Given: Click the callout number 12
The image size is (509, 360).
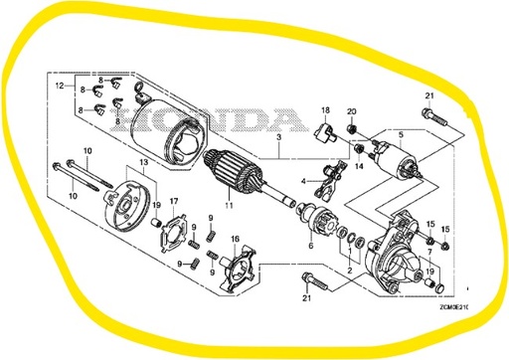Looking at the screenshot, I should pyautogui.click(x=60, y=87).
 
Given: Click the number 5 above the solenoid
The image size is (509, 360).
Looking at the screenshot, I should pyautogui.click(x=400, y=132).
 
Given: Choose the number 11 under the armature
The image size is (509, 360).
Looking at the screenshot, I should pyautogui.click(x=228, y=205).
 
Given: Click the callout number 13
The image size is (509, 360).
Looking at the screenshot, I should pyautogui.click(x=144, y=161).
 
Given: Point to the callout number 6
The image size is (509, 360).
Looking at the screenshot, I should pyautogui.click(x=310, y=246).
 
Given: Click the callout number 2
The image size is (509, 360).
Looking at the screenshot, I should pyautogui.click(x=349, y=270).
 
